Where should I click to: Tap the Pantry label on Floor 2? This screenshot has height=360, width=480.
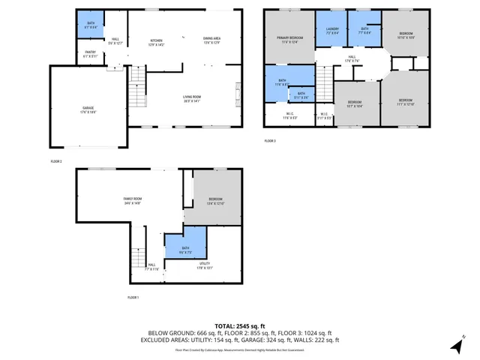(x=91, y=54)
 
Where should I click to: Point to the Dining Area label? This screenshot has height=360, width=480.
(x=211, y=41)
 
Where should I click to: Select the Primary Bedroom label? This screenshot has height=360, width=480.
(x=289, y=39)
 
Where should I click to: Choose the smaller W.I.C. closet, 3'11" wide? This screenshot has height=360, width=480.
(x=323, y=116)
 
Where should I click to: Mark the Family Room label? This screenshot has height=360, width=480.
(x=133, y=200)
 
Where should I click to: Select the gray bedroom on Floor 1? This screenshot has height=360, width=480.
(x=215, y=199)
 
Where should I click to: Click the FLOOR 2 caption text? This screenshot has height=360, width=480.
(x=56, y=161)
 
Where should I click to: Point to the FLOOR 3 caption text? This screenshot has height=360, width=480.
(x=270, y=141)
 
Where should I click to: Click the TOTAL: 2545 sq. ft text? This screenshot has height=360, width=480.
(x=240, y=326)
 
